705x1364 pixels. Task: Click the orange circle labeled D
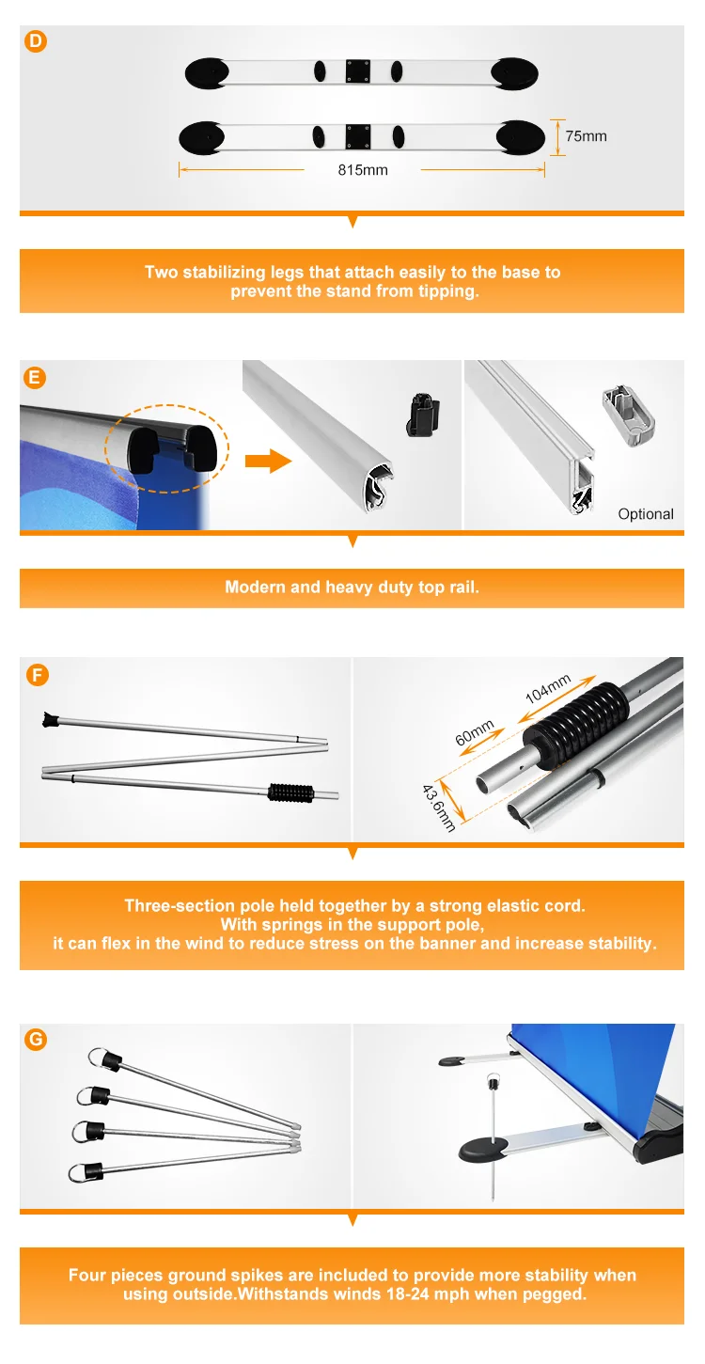(x=36, y=41)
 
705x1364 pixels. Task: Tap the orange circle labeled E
(x=35, y=378)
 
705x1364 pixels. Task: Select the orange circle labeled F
(x=38, y=675)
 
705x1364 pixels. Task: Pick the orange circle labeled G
(x=36, y=1039)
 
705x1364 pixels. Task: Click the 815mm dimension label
(x=363, y=170)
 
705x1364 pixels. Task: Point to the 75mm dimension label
(x=586, y=136)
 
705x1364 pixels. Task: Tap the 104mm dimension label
(x=548, y=688)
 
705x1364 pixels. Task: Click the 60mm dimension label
(x=475, y=732)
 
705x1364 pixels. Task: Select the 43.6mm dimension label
(x=438, y=808)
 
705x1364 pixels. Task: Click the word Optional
(x=646, y=514)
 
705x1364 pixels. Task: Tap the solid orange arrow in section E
(x=269, y=461)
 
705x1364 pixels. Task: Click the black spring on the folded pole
(x=291, y=792)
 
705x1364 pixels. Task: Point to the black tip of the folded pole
(x=49, y=720)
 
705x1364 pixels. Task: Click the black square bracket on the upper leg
(x=358, y=71)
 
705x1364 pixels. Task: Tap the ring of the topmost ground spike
(x=98, y=1058)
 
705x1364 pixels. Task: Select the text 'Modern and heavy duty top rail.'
(x=352, y=587)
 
